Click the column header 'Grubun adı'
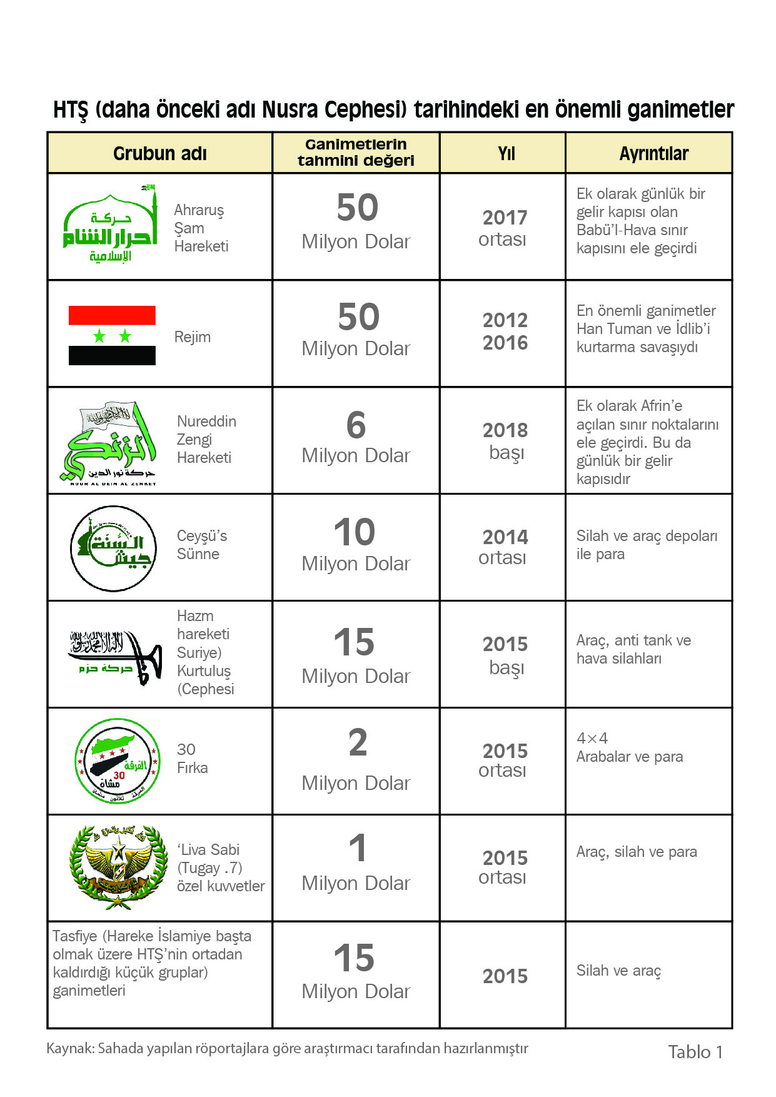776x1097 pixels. click(159, 153)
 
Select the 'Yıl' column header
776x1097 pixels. click(506, 153)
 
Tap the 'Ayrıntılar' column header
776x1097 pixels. click(653, 153)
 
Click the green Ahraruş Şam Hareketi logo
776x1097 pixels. click(110, 225)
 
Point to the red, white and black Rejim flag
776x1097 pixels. click(112, 335)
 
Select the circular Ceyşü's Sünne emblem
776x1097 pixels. click(113, 548)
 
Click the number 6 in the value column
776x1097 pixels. click(356, 425)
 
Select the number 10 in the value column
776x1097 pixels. click(355, 532)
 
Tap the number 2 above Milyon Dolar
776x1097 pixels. click(357, 743)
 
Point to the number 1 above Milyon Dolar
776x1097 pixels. click(357, 849)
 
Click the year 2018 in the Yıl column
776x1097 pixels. click(505, 430)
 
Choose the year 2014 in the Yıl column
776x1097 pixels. click(505, 537)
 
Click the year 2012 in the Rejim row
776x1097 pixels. click(505, 320)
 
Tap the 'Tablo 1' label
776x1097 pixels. click(695, 1052)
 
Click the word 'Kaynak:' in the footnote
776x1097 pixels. click(70, 1048)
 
